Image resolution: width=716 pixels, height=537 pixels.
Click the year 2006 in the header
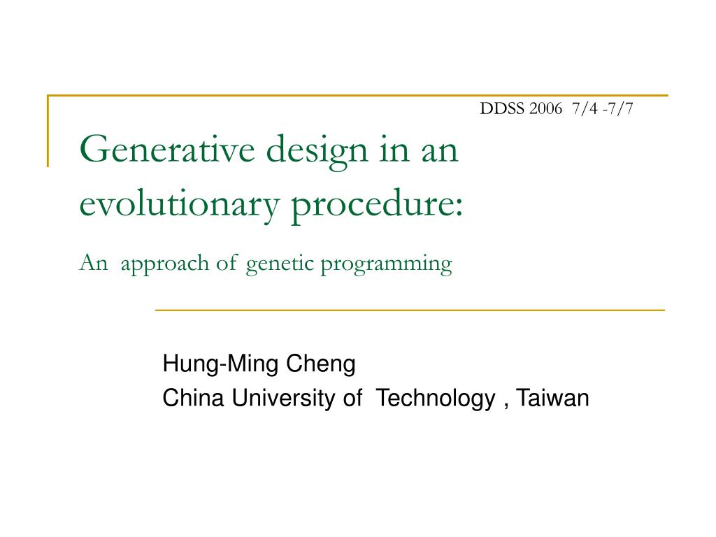(545, 108)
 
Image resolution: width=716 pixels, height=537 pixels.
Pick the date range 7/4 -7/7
(602, 108)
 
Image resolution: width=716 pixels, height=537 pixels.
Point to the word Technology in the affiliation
(435, 399)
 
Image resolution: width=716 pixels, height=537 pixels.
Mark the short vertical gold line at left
(48, 131)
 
